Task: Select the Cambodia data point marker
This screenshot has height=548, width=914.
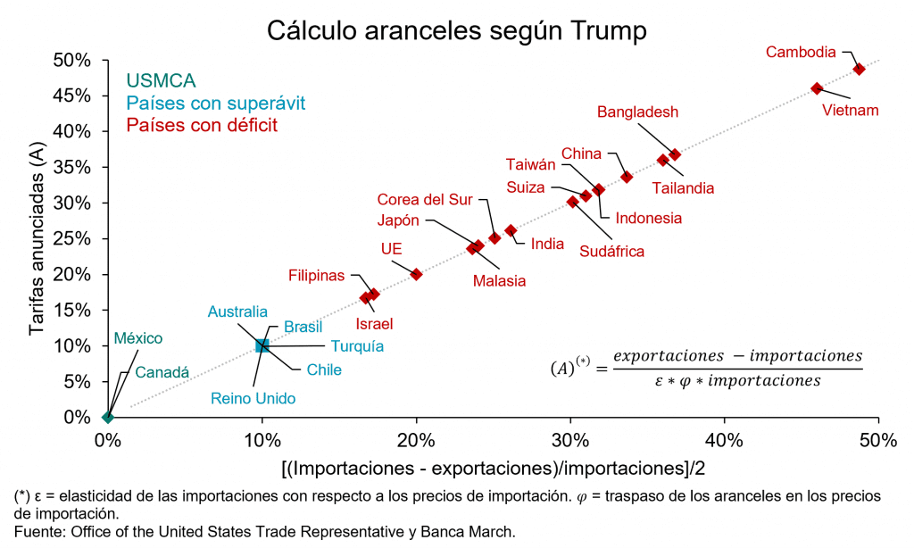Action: point(859,69)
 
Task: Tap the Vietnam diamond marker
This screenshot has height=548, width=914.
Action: point(817,88)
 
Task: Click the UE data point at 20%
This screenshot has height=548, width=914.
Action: point(416,274)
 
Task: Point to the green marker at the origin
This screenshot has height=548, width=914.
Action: point(108,417)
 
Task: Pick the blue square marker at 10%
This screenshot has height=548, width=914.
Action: point(262,345)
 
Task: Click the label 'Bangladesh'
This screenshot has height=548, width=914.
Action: point(637,112)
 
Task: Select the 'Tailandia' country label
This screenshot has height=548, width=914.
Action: point(683,188)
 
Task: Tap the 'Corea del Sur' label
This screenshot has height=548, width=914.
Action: point(424,199)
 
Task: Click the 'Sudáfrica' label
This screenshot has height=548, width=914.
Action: point(611,252)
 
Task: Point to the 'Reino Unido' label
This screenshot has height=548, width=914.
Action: point(253,398)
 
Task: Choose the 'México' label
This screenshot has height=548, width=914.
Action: point(138,339)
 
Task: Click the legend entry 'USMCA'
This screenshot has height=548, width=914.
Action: point(161,81)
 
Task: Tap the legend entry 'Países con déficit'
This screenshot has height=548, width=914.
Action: point(202,125)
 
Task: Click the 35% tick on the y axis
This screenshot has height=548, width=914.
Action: point(72,167)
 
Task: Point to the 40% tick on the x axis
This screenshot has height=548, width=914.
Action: point(725,440)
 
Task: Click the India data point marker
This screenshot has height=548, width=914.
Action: point(511,230)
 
